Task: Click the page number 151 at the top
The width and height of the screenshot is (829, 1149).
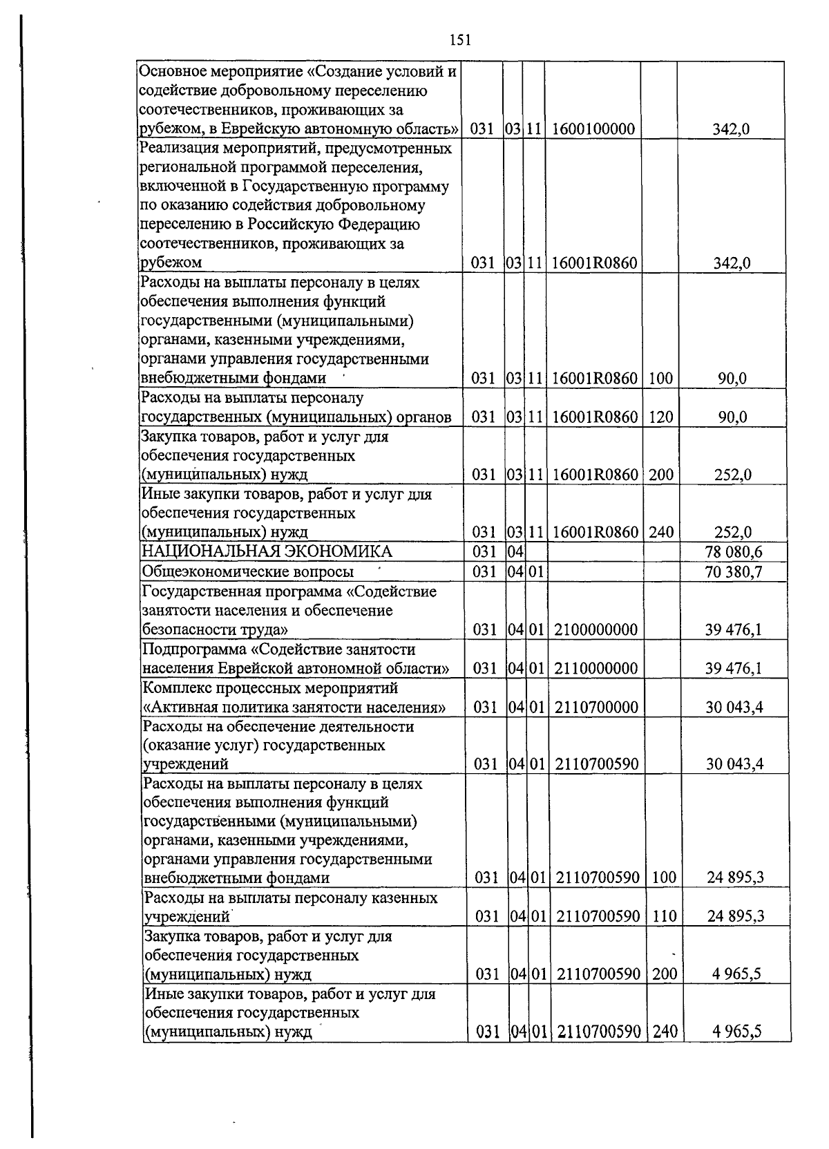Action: [x=459, y=40]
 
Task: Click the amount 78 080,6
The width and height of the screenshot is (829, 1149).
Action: [x=732, y=552]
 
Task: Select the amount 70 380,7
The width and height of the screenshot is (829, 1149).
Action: [x=732, y=572]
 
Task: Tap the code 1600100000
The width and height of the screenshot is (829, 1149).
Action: [x=593, y=129]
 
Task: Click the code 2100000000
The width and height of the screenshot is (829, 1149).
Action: [x=595, y=629]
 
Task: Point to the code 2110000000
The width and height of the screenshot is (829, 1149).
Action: [x=595, y=668]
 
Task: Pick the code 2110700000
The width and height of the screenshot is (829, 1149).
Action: [x=595, y=708]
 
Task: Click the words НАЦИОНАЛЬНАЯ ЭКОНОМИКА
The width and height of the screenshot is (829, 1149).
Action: [x=267, y=551]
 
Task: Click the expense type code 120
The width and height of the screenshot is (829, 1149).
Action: [x=660, y=417]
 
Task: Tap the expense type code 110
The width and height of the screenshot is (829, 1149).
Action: [x=664, y=917]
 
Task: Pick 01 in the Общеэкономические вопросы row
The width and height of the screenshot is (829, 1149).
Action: [x=536, y=572]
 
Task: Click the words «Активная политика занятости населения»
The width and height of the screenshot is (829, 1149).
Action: [x=294, y=708]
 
